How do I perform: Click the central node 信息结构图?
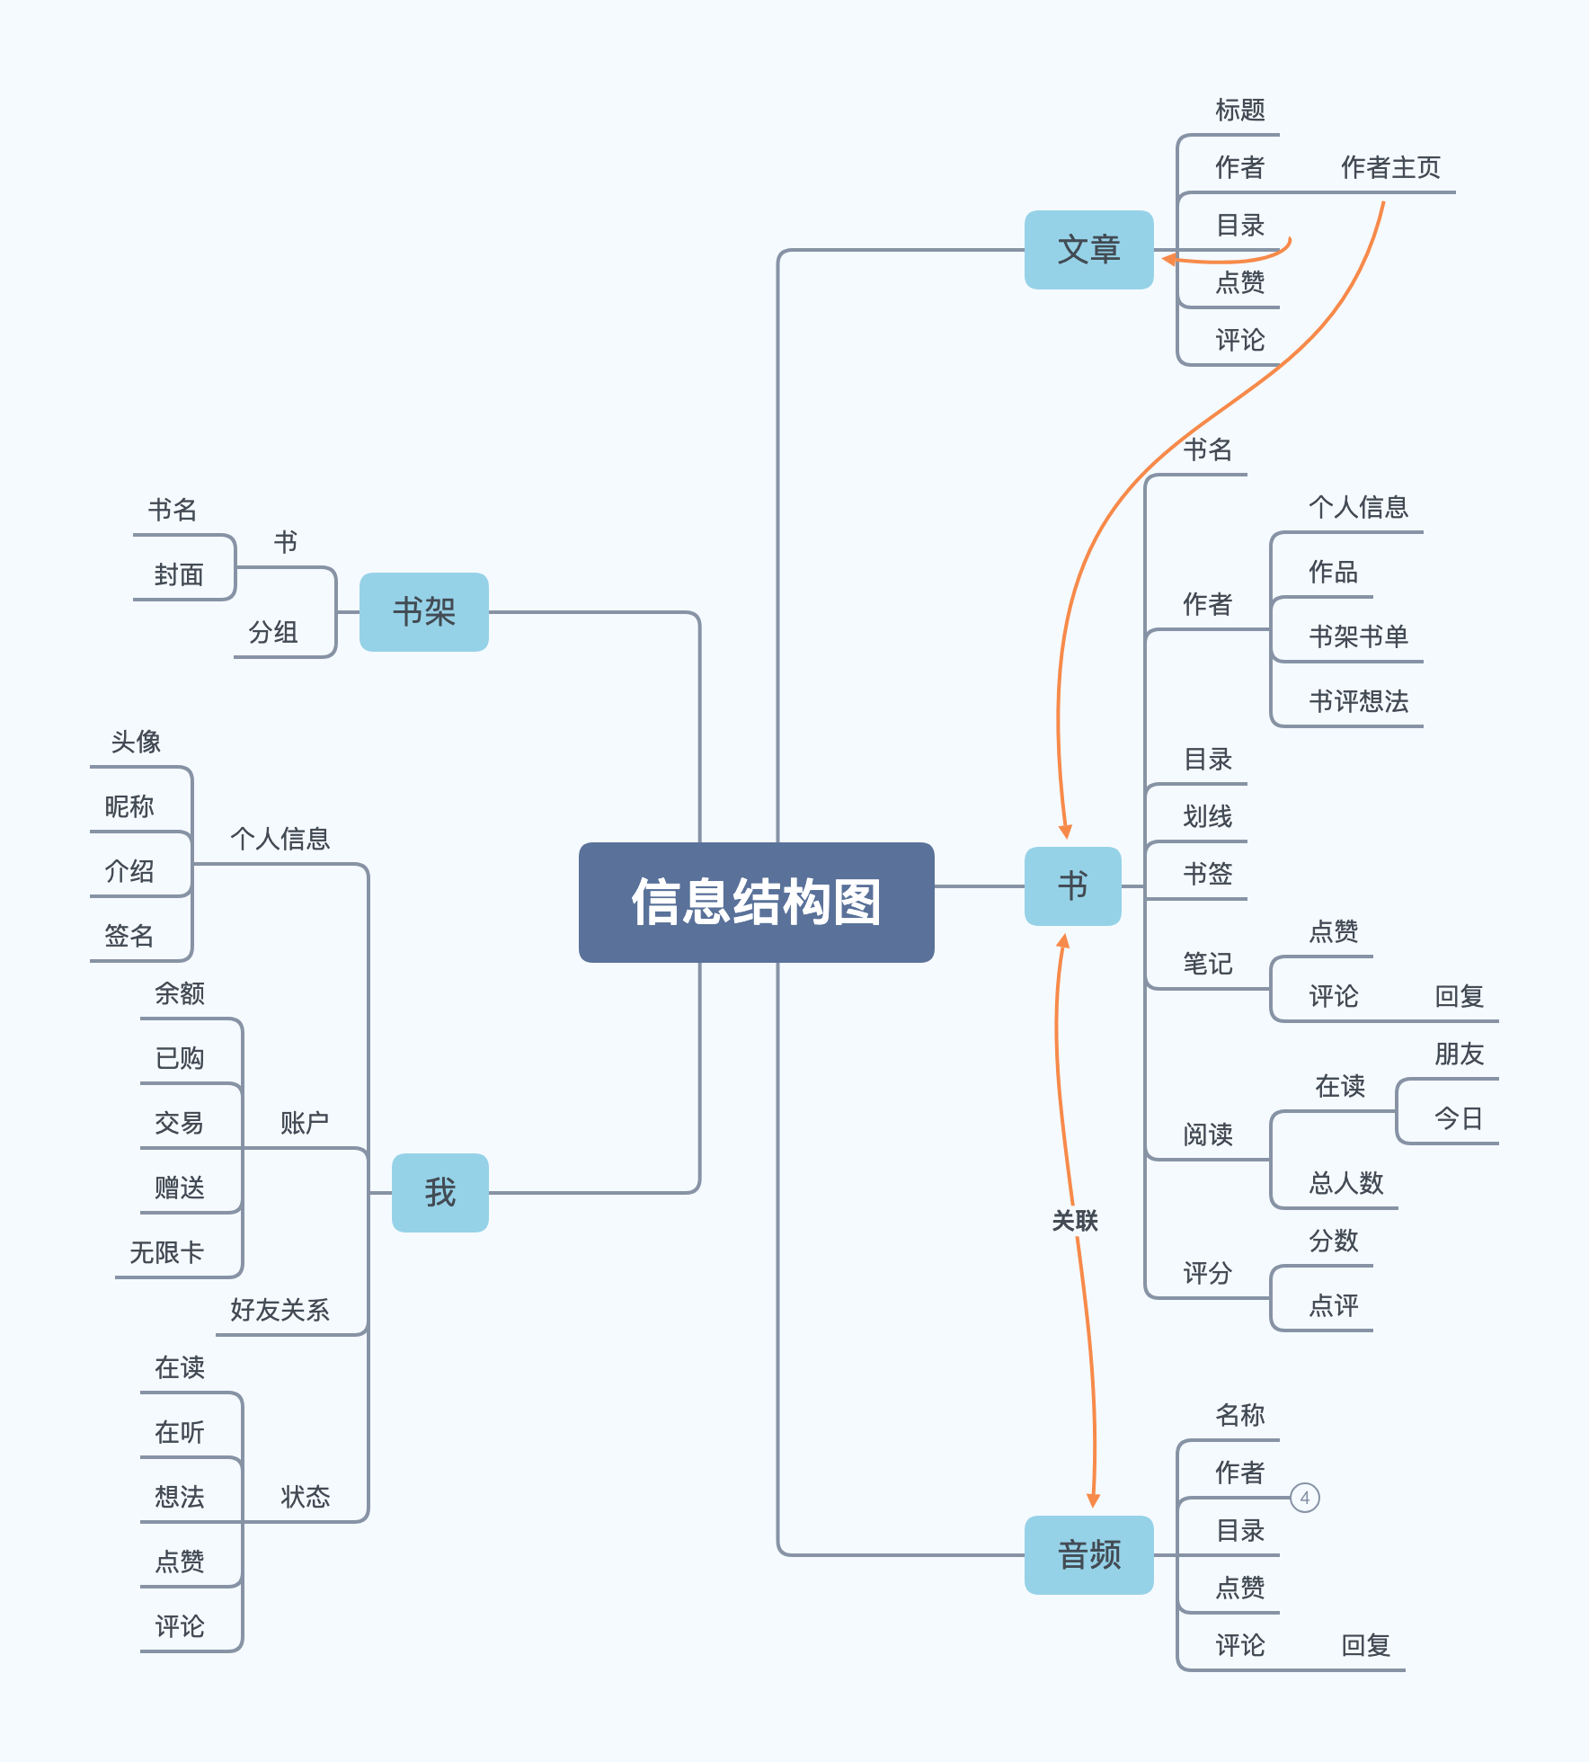click(756, 902)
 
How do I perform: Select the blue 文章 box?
click(1088, 250)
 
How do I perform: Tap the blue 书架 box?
click(423, 612)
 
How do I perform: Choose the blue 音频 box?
click(1088, 1555)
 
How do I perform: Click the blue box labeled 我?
click(439, 1193)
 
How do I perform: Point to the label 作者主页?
click(1389, 167)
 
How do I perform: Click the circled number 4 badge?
click(1304, 1498)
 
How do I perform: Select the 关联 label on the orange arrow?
click(1075, 1221)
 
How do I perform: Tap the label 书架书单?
click(1357, 636)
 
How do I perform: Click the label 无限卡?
click(167, 1252)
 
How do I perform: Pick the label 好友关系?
click(280, 1310)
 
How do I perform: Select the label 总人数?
click(1345, 1183)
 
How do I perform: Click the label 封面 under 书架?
click(179, 574)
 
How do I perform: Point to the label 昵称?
click(129, 806)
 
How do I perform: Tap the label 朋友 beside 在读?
click(1458, 1054)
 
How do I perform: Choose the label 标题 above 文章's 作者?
click(1239, 110)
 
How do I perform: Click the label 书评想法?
click(1357, 701)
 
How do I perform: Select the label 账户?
click(304, 1123)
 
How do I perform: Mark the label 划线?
click(1207, 816)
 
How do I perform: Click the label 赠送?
click(179, 1188)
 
